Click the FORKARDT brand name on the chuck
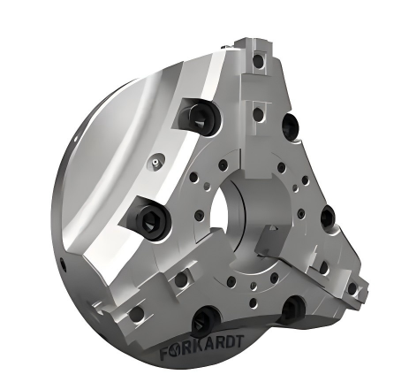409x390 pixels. pos(201,348)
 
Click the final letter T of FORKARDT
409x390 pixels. pos(239,341)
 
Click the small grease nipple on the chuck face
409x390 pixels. pos(155,161)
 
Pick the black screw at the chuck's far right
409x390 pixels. pos(328,217)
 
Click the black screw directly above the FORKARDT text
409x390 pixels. pos(204,319)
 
